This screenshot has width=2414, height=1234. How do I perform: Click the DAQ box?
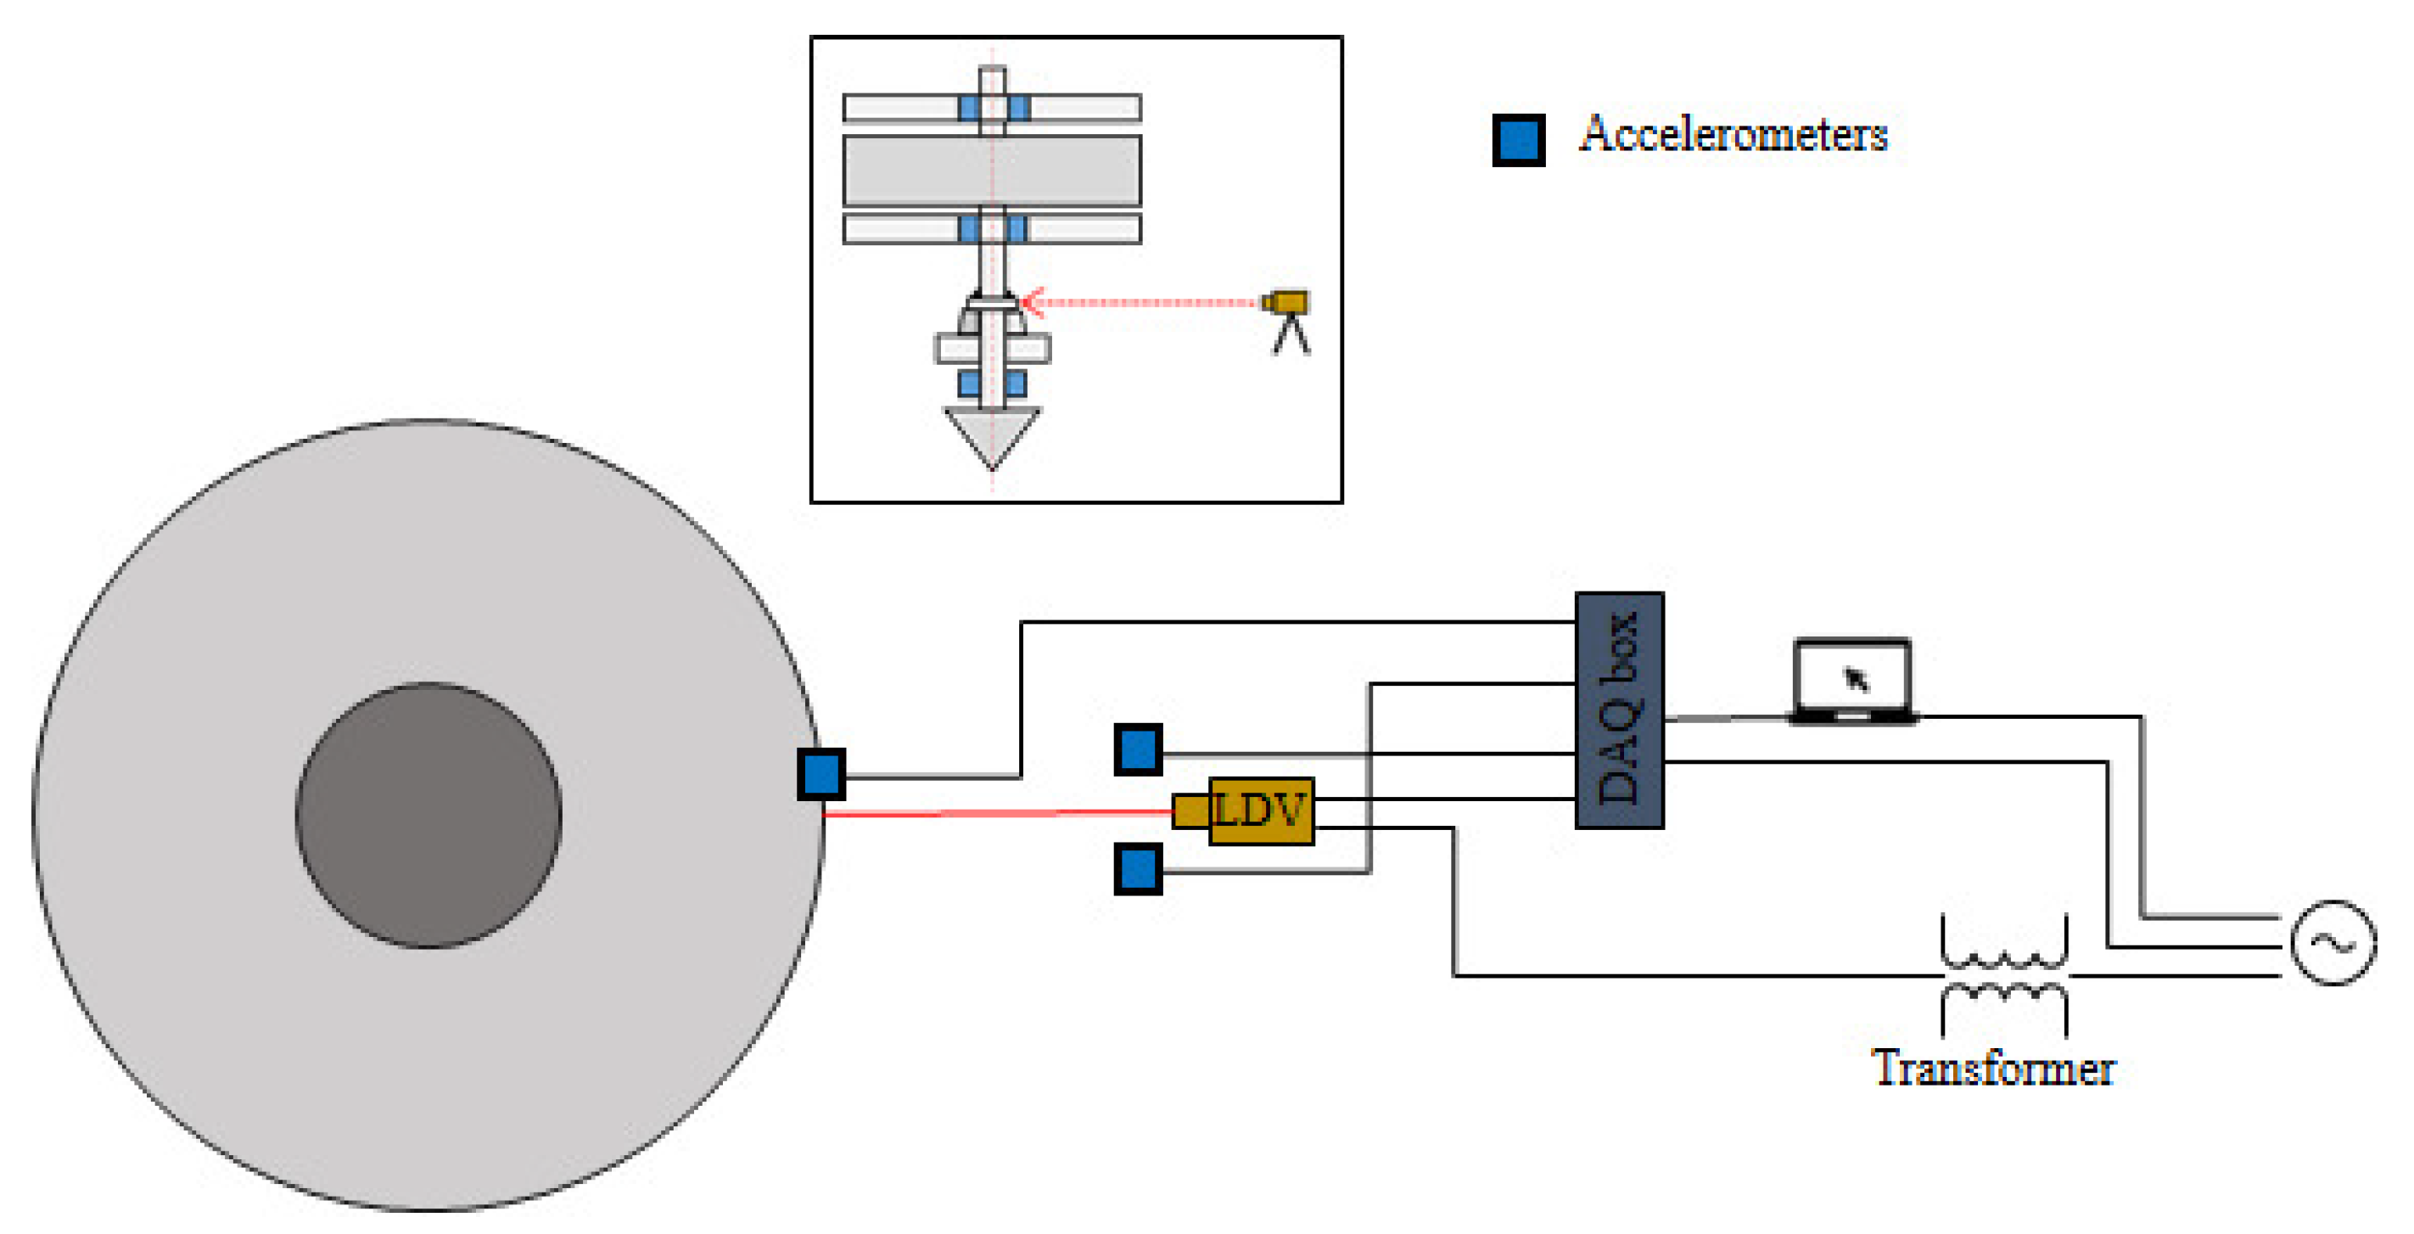(x=1618, y=710)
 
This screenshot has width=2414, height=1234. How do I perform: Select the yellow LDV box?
(x=1260, y=811)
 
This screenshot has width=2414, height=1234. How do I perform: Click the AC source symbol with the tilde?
(x=2333, y=943)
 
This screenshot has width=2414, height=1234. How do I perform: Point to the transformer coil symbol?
(x=2003, y=974)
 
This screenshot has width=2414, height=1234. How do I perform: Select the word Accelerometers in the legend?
(x=1733, y=134)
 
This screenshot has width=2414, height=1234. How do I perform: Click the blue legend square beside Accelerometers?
(x=1518, y=141)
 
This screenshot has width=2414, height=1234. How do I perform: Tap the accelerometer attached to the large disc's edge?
(x=821, y=774)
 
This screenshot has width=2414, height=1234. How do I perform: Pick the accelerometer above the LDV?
(x=1138, y=749)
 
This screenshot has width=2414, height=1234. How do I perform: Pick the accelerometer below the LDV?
(x=1138, y=868)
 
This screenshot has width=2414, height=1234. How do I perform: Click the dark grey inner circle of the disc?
(x=428, y=816)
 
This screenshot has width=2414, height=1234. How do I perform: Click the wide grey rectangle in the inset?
(x=991, y=171)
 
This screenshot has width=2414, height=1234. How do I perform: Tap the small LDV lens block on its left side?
(x=1190, y=811)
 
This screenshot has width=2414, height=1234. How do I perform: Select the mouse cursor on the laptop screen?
(x=1856, y=678)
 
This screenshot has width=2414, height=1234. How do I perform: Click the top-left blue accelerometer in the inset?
(x=969, y=108)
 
